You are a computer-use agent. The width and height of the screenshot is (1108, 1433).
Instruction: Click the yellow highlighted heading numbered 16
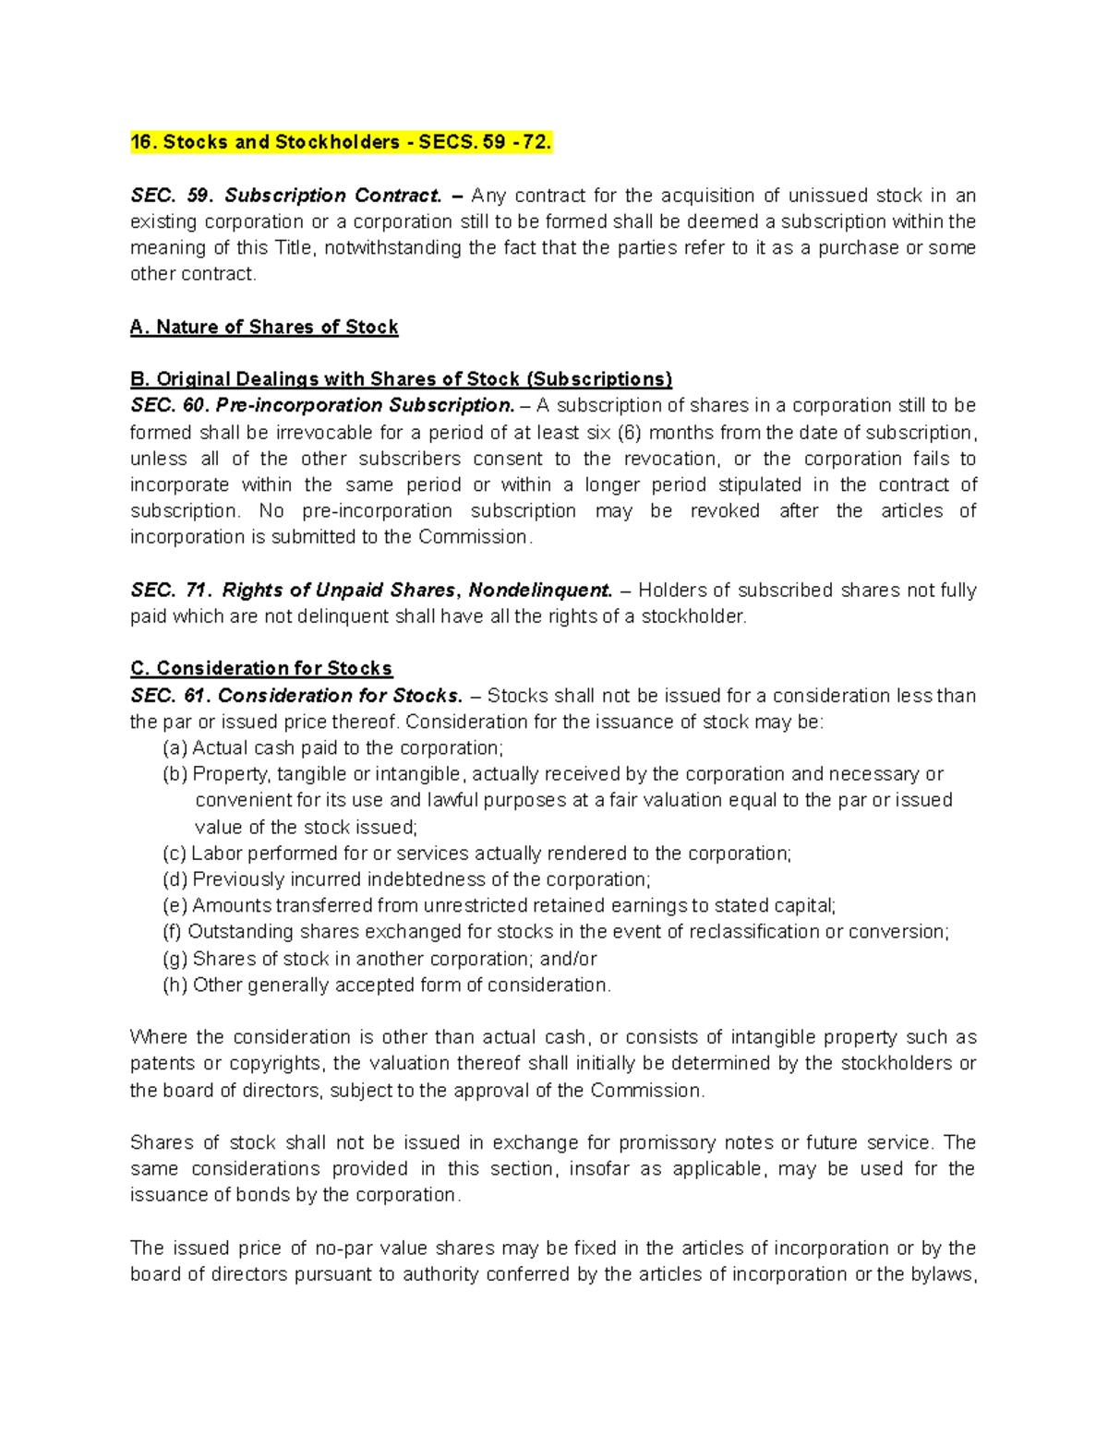[x=341, y=142]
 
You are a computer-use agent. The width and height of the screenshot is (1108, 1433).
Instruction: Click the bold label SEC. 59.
[x=171, y=196]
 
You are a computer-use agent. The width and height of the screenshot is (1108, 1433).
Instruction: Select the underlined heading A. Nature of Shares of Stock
[x=264, y=327]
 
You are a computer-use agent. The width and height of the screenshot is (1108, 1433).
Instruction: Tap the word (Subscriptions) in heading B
[x=598, y=379]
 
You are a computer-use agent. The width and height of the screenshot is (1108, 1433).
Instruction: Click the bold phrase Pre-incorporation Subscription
[x=365, y=406]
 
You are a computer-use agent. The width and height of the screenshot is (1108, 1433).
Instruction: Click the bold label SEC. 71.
[x=171, y=591]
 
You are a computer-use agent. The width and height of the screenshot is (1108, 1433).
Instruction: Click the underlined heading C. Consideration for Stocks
[x=261, y=668]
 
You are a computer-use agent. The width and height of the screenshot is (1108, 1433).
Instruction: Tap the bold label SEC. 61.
[x=169, y=696]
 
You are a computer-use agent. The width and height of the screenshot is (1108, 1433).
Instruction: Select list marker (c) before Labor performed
[x=175, y=854]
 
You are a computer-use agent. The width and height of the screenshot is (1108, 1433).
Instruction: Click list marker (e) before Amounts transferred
[x=175, y=906]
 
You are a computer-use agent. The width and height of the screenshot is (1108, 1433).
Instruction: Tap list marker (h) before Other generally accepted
[x=175, y=985]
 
